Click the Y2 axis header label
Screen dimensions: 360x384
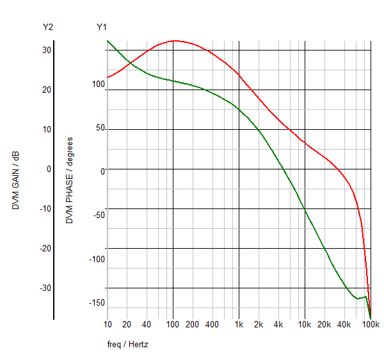click(x=47, y=27)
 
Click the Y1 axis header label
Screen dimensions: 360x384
click(x=102, y=27)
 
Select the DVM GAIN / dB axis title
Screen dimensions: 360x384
click(x=16, y=181)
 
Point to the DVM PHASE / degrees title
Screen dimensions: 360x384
click(x=69, y=180)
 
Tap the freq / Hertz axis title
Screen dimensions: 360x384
click(x=128, y=345)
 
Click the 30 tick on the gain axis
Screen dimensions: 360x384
click(x=47, y=50)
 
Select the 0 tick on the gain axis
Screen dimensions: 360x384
click(x=49, y=169)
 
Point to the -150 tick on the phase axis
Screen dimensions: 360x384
click(x=97, y=303)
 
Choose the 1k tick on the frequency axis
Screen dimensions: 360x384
click(x=239, y=325)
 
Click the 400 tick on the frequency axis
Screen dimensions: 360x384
click(x=212, y=325)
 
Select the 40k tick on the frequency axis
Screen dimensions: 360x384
click(x=344, y=325)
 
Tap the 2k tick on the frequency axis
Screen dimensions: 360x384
click(x=259, y=325)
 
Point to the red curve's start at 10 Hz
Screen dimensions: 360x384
click(x=107, y=78)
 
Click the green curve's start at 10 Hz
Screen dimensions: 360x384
click(x=107, y=40)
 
